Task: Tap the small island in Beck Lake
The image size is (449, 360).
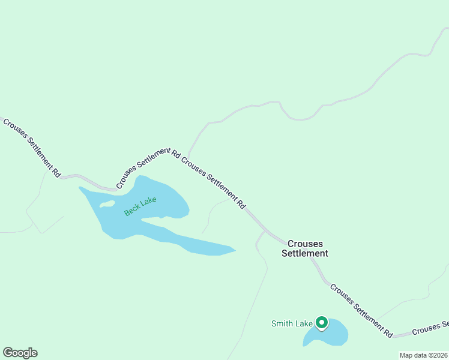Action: coord(107,204)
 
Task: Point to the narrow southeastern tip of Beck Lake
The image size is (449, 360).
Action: coord(231,250)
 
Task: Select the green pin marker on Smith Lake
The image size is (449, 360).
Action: coord(322,323)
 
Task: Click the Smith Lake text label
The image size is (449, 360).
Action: coord(292,324)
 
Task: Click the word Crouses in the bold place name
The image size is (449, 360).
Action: coord(305,244)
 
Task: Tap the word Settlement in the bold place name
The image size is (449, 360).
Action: coord(305,253)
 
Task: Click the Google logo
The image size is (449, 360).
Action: coord(20,353)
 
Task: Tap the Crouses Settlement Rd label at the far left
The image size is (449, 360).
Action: coord(32,148)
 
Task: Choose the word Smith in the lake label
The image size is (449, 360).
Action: coord(282,324)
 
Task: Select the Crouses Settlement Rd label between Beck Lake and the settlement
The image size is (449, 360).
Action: coord(214,183)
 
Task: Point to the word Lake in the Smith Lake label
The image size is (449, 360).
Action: coord(304,324)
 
